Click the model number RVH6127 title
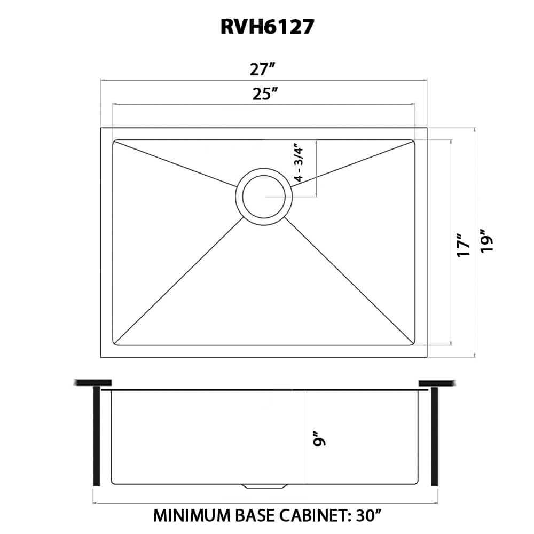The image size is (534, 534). (x=265, y=28)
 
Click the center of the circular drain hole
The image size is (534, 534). (x=264, y=196)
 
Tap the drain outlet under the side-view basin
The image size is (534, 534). (x=265, y=487)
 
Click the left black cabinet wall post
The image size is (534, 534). (x=97, y=436)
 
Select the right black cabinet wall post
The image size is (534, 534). (x=434, y=436)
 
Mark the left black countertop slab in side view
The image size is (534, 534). (x=93, y=382)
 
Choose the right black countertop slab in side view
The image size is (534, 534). (x=437, y=382)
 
